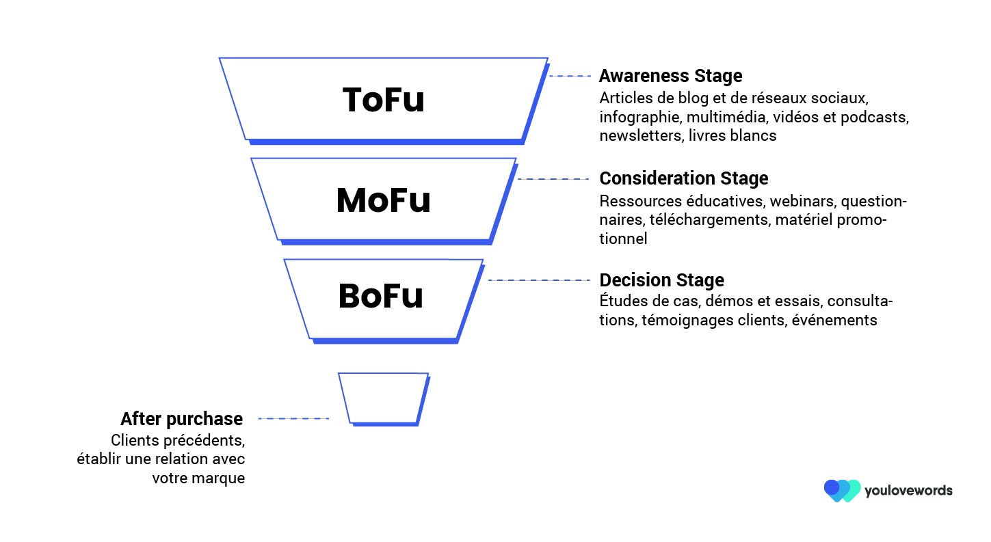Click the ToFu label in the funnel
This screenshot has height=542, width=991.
click(383, 100)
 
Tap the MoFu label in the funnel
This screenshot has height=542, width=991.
click(383, 200)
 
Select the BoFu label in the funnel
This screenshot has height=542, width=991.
click(381, 295)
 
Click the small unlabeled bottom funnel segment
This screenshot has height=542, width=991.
click(384, 399)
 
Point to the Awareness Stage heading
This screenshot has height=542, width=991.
click(671, 76)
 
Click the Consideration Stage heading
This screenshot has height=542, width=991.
click(683, 178)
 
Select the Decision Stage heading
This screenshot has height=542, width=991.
click(662, 280)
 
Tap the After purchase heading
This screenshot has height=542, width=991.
click(182, 419)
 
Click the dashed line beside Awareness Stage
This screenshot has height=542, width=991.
click(570, 76)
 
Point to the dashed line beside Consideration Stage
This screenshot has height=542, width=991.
click(553, 179)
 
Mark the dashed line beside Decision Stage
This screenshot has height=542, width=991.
click(539, 280)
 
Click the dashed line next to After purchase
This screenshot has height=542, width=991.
click(294, 418)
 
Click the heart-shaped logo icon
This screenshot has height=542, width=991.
click(842, 491)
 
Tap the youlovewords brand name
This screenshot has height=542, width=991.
click(909, 491)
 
